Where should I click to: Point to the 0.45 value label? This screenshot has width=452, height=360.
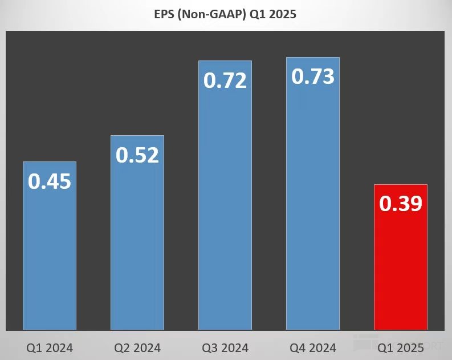click(50, 181)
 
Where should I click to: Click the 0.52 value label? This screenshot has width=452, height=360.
click(137, 155)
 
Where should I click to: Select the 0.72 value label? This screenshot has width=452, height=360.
click(225, 80)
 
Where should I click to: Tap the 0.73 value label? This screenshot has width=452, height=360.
click(313, 76)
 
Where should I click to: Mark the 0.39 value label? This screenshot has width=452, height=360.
click(401, 204)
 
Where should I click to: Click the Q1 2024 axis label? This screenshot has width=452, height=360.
click(50, 347)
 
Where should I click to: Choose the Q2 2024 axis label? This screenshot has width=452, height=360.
click(137, 347)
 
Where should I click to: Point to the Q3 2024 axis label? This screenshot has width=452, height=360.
click(225, 347)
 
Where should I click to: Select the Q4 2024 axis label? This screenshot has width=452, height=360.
click(313, 347)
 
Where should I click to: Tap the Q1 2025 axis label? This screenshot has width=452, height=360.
click(401, 347)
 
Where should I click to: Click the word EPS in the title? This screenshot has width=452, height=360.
click(166, 15)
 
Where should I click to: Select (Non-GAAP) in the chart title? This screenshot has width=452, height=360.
click(214, 15)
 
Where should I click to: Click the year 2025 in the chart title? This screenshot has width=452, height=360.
click(283, 15)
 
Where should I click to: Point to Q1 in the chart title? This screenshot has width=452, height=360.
click(257, 15)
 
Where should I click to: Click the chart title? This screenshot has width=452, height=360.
click(226, 15)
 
